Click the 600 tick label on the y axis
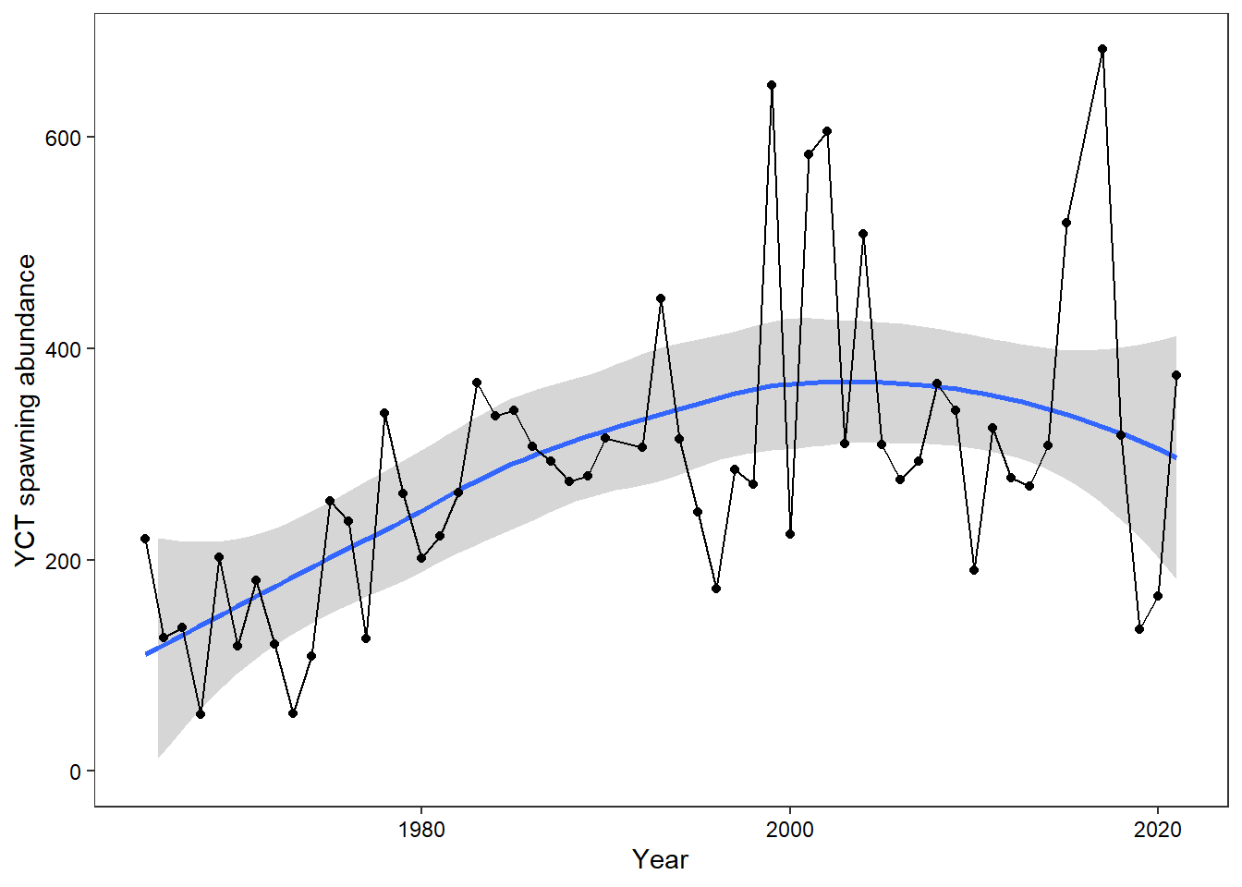(63, 138)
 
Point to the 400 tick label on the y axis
(63, 349)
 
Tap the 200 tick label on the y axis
(63, 561)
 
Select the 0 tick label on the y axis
(75, 772)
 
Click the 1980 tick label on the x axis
(421, 830)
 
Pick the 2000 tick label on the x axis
(790, 830)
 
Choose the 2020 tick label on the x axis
(1158, 830)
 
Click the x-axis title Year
(660, 860)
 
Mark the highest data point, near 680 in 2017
(1102, 50)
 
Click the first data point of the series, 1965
(145, 539)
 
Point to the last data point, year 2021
(1176, 375)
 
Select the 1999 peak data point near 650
(772, 85)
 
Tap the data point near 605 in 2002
(827, 131)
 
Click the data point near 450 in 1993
(661, 298)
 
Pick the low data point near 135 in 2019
(1139, 629)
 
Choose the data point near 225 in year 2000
(790, 534)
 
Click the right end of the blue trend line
(1175, 456)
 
